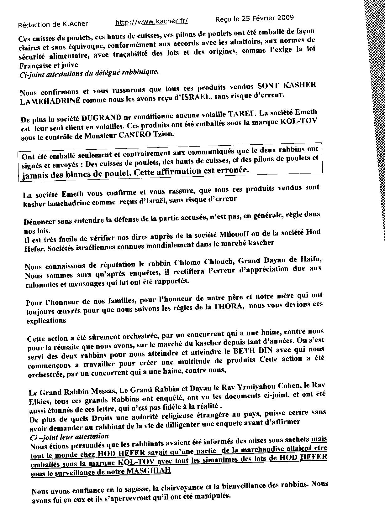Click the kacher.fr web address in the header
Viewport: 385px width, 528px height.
152,22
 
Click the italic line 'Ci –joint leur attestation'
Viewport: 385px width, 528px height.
69,436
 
